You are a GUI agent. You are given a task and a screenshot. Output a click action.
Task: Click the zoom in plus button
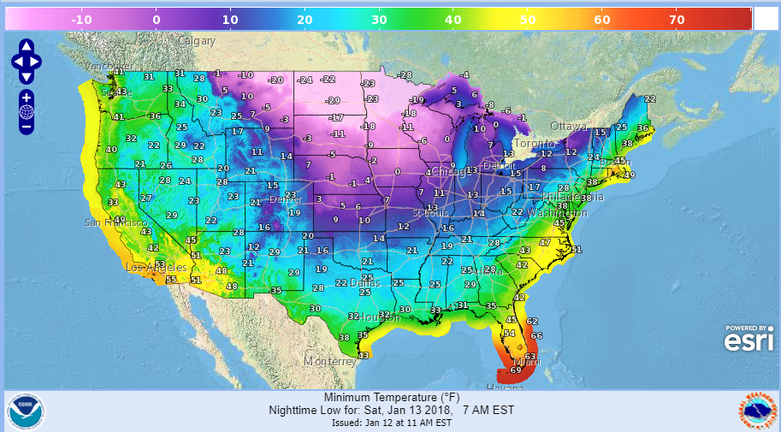(26, 97)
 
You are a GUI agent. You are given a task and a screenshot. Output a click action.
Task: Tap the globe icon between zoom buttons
(26, 111)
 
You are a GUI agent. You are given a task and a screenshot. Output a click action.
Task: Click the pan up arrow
(26, 46)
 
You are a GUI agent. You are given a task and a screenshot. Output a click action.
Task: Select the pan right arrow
(37, 60)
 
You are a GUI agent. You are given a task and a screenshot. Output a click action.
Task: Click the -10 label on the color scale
(81, 19)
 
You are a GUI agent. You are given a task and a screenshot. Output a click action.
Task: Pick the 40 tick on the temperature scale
(453, 19)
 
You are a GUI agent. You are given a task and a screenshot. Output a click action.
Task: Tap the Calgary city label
(197, 40)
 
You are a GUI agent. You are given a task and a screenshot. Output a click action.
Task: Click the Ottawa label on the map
(569, 126)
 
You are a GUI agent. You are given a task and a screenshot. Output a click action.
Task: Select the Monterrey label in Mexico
(329, 361)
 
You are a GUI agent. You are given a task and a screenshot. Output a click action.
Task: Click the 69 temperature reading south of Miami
(516, 370)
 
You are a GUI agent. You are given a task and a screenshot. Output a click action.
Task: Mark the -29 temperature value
(334, 100)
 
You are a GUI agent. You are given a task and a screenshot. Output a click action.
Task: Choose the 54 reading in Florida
(510, 333)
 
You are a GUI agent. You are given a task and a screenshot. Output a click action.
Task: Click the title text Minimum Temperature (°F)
(390, 398)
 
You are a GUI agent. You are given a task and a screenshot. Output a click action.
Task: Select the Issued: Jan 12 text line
(390, 423)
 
